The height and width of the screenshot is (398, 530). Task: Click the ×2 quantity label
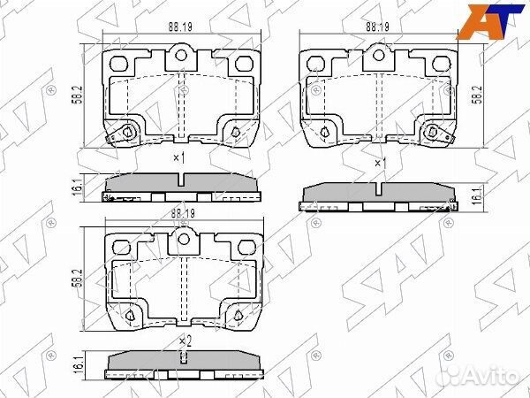[184, 341]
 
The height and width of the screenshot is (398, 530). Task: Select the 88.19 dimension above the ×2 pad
[183, 213]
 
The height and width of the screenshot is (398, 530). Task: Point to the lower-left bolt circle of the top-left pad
[128, 134]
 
